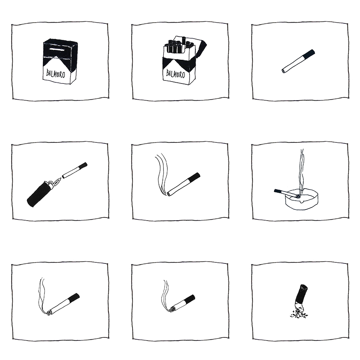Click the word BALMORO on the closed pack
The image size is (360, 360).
[x=56, y=74]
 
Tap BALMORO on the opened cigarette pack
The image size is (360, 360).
[x=176, y=74]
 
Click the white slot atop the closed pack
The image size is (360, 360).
[x=56, y=50]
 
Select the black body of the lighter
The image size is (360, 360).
[x=38, y=195]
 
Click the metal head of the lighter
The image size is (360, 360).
[x=51, y=184]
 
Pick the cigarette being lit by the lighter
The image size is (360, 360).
[x=75, y=170]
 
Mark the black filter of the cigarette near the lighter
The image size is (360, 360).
[x=83, y=165]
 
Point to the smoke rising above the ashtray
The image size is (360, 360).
[x=302, y=171]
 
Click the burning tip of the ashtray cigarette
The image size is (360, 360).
[x=298, y=196]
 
